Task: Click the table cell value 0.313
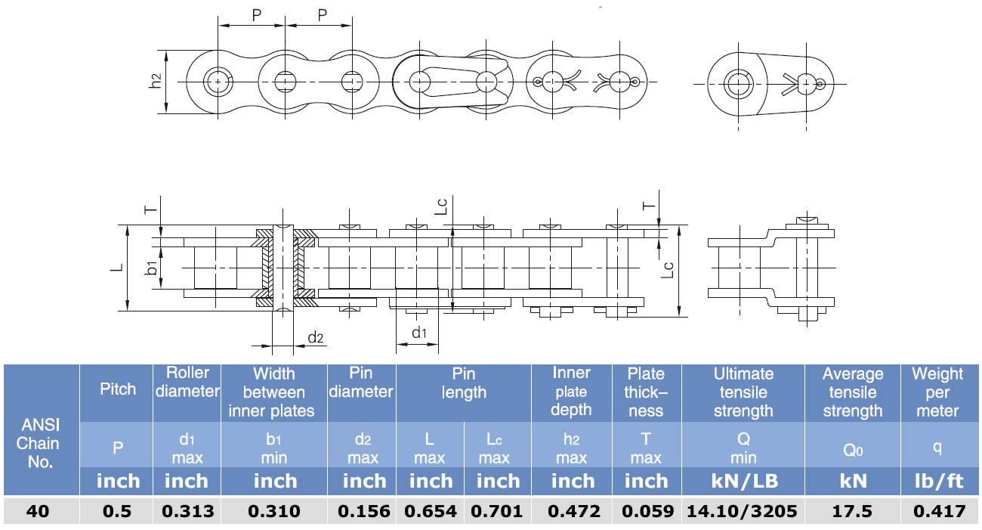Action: point(187,511)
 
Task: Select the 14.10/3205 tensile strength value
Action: point(742,511)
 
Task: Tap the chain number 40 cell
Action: point(38,511)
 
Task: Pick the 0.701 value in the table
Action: point(497,511)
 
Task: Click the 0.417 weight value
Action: point(940,511)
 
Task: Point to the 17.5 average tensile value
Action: point(852,511)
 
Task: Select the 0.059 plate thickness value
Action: point(648,511)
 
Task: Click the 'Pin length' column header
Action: point(464,383)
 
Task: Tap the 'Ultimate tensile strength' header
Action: point(743,392)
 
